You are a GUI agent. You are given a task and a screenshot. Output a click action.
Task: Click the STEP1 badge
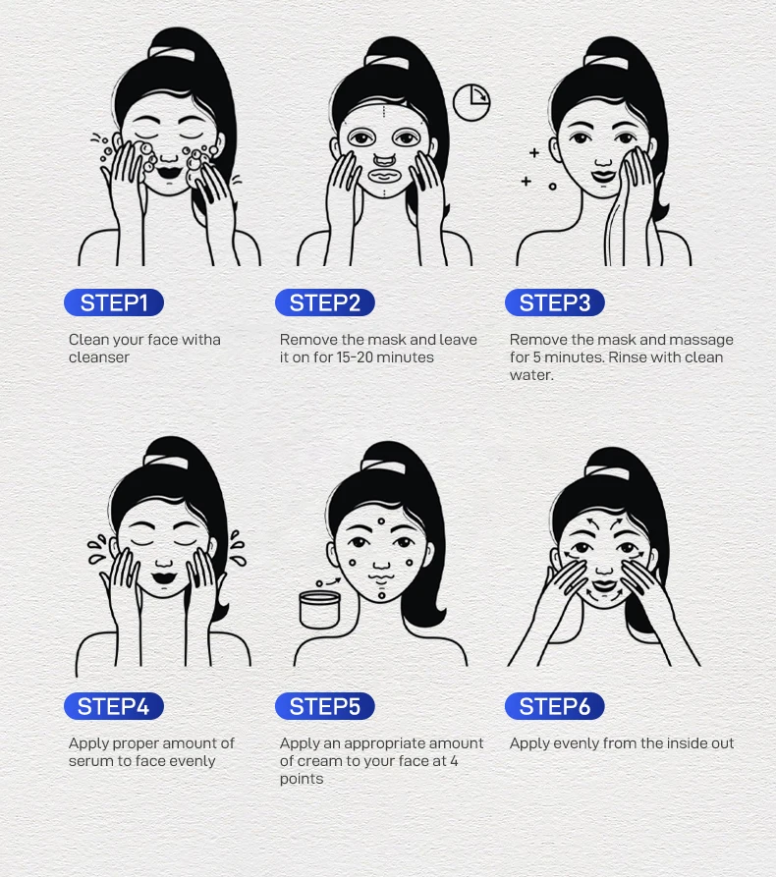coord(114,302)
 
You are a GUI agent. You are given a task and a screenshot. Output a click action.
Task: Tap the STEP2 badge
coord(325,302)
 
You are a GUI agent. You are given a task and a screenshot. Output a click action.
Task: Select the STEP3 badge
coord(555,302)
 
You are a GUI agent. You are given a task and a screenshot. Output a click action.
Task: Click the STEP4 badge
coord(114,706)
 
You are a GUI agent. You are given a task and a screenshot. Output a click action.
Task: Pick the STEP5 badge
coord(325,706)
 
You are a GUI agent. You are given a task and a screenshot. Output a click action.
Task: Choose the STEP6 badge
coord(555,706)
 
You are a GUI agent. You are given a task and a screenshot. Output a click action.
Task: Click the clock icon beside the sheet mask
coord(471,102)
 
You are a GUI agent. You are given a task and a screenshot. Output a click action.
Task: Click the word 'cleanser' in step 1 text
coord(99,357)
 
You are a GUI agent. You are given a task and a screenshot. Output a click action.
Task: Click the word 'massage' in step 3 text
coord(700,340)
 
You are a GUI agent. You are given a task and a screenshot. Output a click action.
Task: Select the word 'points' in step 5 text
coord(302,779)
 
